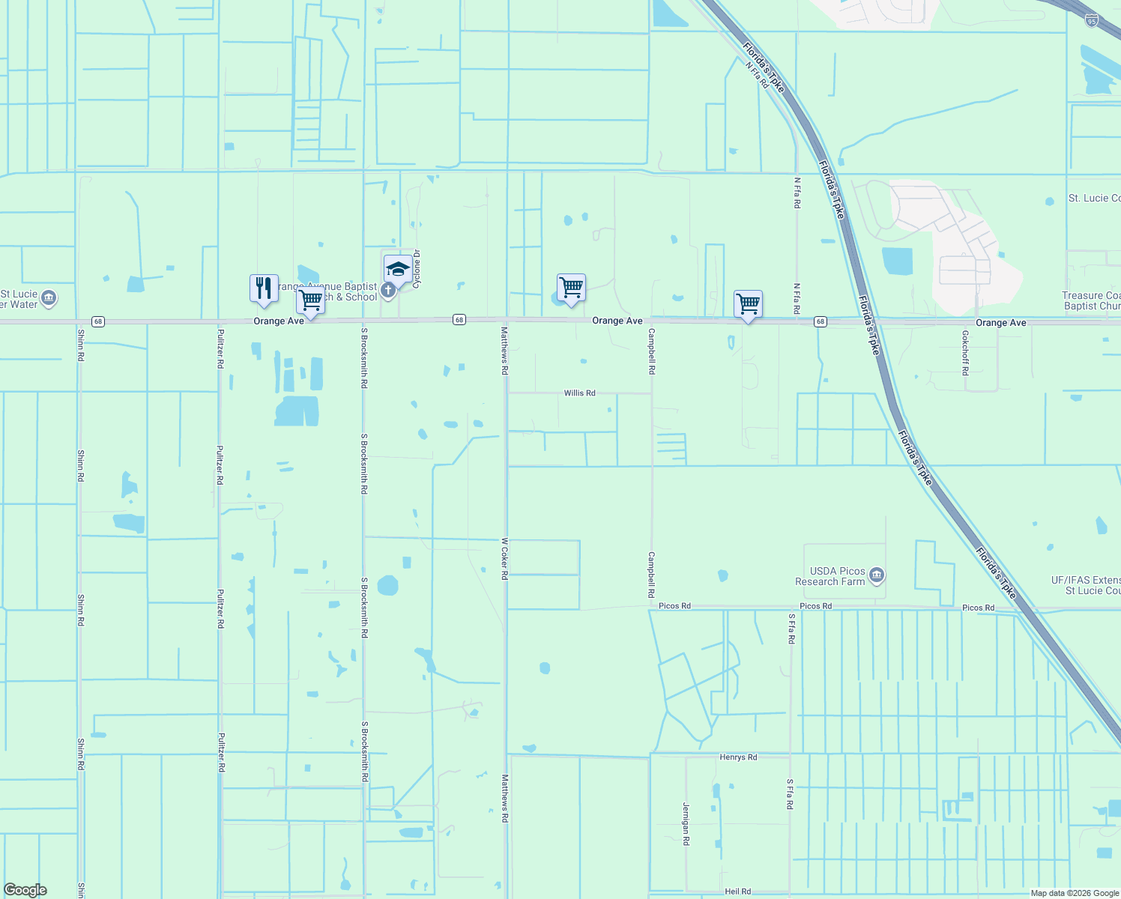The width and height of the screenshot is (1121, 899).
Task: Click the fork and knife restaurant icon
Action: pos(264,288)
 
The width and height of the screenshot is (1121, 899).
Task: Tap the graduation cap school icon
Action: pos(397,269)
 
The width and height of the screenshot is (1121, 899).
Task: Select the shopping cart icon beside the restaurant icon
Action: pos(310,300)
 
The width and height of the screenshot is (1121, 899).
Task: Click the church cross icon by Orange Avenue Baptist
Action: pos(388,290)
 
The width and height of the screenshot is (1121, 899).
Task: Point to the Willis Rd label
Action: pos(579,393)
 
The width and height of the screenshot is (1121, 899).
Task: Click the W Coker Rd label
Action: pos(505,558)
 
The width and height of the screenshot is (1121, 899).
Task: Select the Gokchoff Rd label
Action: pos(965,352)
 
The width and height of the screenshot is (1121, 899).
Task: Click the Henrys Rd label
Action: pos(738,757)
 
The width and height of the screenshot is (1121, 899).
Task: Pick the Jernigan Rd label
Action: pos(686,823)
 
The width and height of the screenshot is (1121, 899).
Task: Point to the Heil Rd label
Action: pos(737,892)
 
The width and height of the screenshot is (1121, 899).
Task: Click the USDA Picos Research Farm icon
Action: pos(877,576)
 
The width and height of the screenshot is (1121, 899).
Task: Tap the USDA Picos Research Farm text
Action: pos(830,576)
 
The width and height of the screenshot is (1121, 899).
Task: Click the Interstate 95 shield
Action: pos(1092,21)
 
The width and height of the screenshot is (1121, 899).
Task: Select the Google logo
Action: pos(25,890)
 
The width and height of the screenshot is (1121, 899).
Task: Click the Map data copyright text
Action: pos(1075,893)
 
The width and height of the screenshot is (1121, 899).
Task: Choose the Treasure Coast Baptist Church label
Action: pos(1092,300)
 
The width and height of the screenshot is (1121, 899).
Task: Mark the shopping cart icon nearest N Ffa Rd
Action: pos(748,304)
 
